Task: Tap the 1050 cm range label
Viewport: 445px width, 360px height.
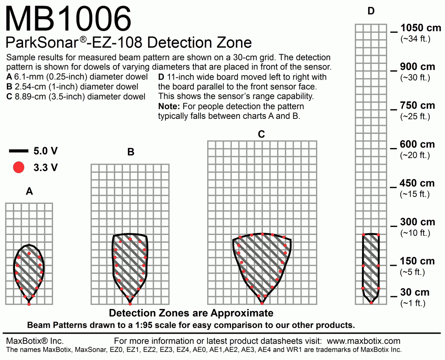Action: (420, 28)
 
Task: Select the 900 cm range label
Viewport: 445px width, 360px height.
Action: (418, 67)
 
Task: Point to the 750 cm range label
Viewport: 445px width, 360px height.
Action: (418, 106)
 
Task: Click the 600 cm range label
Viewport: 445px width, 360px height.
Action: (418, 144)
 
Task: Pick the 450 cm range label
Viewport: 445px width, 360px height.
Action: (418, 183)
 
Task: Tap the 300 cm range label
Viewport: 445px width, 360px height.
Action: (418, 222)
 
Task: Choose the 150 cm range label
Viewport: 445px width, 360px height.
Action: (418, 261)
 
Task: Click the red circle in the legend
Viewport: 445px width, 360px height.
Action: (19, 167)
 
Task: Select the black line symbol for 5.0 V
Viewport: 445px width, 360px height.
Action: (19, 151)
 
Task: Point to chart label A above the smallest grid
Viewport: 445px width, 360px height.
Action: (29, 192)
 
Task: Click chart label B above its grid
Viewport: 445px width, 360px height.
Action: (131, 152)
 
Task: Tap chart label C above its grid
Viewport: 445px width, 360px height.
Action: (261, 134)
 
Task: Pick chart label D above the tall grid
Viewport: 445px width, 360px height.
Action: (371, 12)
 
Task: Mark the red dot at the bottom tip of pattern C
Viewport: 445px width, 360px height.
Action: (262, 303)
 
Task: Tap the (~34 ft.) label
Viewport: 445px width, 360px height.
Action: (415, 39)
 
